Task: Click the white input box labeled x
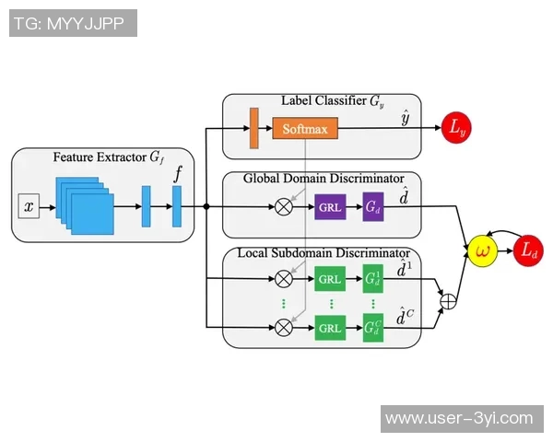coord(29,207)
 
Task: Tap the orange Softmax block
coord(304,129)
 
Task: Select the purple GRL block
coord(330,207)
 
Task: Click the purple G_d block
coord(373,207)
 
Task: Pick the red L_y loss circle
coord(458,129)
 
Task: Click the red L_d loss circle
coord(528,250)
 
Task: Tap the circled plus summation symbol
coord(449,300)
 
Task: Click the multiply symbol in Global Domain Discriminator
coord(284,207)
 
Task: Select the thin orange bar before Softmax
coord(253,128)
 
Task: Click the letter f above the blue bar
coord(178,172)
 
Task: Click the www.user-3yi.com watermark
coord(459,418)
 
